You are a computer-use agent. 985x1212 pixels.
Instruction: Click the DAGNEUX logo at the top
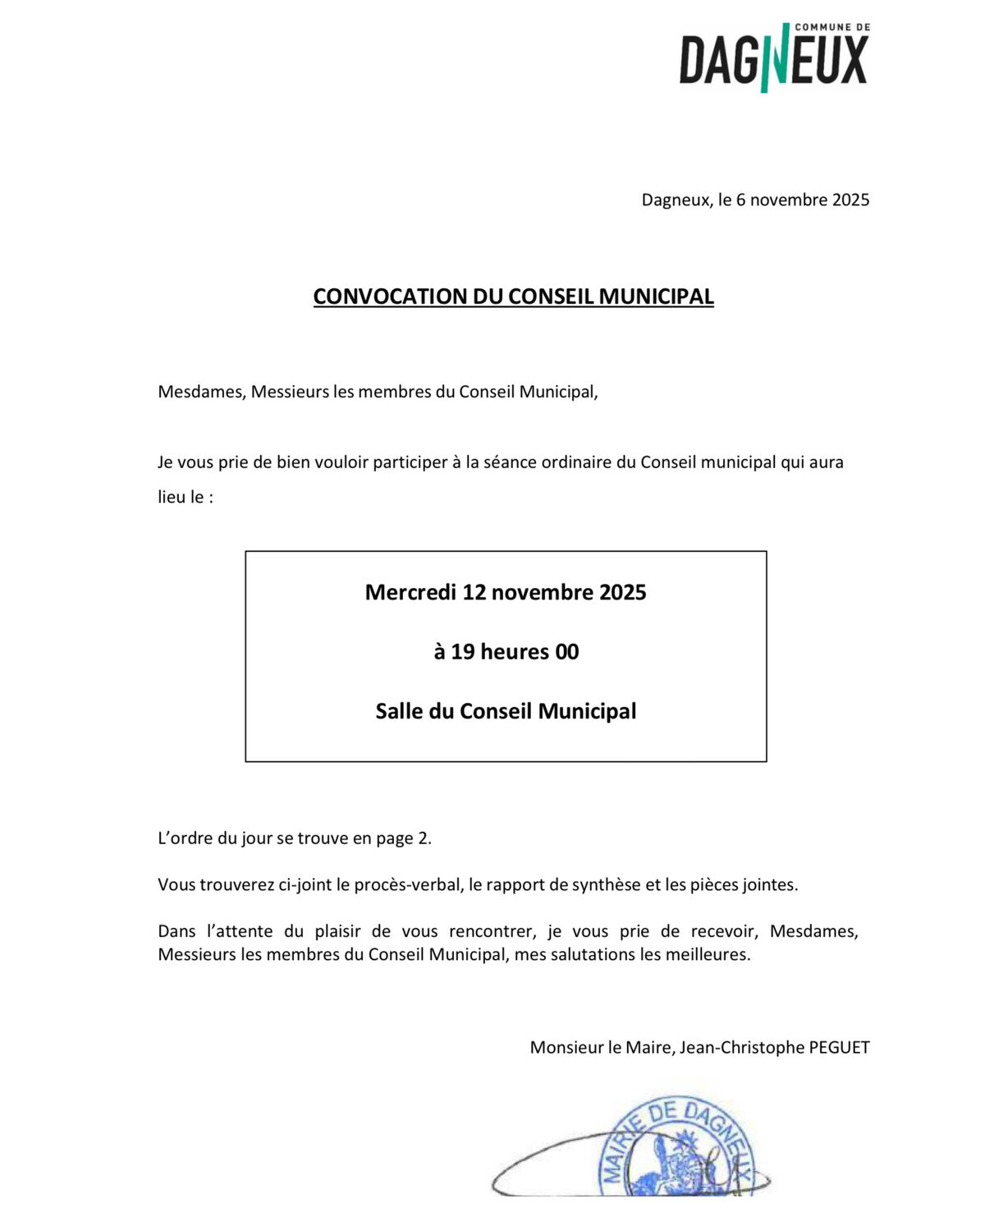[773, 59]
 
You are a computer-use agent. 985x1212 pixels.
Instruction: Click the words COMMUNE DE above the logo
[832, 27]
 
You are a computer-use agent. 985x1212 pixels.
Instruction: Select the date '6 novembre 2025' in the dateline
[802, 200]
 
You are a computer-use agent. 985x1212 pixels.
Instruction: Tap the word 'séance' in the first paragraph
[507, 462]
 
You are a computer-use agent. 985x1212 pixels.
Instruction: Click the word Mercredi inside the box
[410, 592]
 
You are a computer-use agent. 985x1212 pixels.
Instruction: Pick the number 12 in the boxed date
[475, 592]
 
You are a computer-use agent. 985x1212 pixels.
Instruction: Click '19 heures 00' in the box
[515, 652]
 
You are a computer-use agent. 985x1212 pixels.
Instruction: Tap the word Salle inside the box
[400, 711]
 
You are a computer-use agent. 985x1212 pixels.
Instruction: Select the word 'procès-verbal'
[412, 885]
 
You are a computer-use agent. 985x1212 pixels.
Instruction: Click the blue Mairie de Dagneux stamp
[676, 1150]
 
